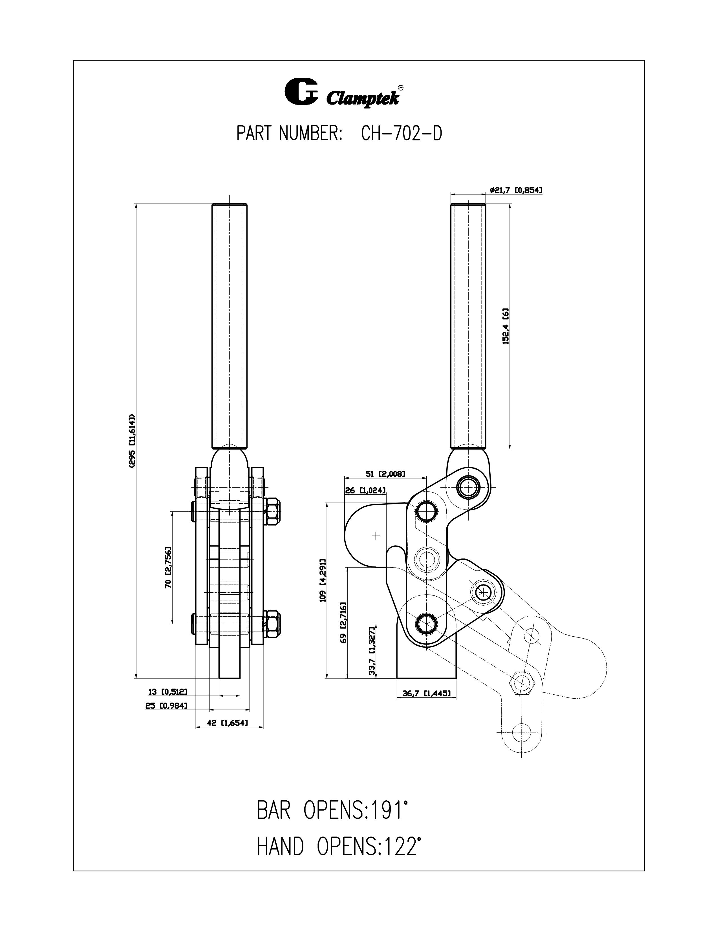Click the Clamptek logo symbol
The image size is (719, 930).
(301, 91)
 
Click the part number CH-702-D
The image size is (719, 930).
(401, 134)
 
